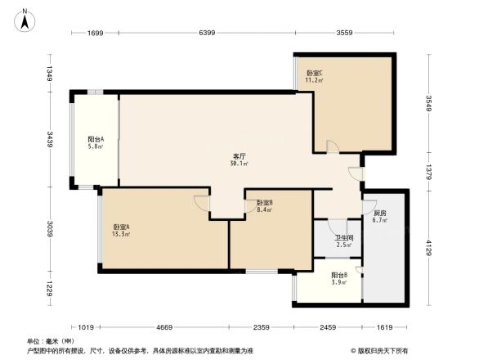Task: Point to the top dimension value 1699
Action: pos(95,33)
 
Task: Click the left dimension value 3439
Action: pos(51,139)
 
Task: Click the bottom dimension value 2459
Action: pos(328,327)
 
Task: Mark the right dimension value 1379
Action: pos(427,172)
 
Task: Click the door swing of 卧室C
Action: pos(332,147)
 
